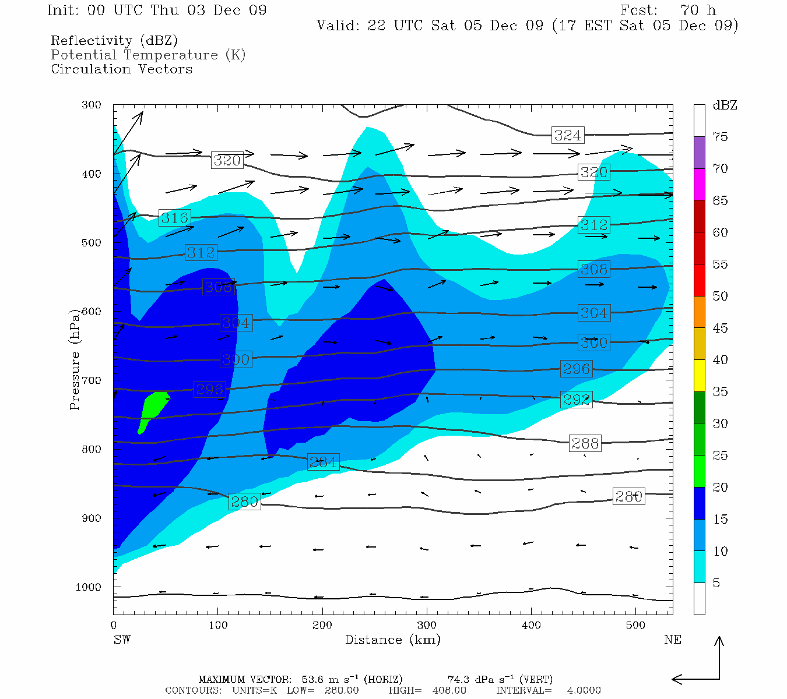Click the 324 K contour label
point(567,135)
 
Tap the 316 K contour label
point(174,218)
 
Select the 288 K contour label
point(585,443)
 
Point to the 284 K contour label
point(323,462)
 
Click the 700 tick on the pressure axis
point(92,380)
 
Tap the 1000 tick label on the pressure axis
point(88,587)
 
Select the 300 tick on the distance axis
point(427,625)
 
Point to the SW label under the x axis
point(122,640)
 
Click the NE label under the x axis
point(672,640)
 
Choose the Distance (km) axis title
point(392,640)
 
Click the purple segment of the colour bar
point(699,153)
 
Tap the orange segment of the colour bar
point(699,312)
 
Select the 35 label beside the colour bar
point(720,391)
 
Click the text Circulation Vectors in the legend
point(121,69)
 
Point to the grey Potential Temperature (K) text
point(148,55)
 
